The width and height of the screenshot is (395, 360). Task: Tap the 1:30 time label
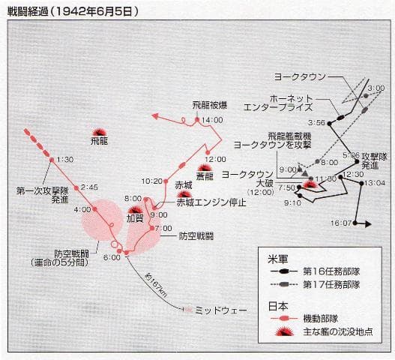tap(65, 159)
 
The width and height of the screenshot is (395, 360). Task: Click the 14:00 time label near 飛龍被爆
tap(212, 120)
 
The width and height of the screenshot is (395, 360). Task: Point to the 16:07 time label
tap(341, 223)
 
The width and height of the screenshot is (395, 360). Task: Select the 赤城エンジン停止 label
tap(211, 202)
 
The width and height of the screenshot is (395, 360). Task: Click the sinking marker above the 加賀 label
tap(136, 207)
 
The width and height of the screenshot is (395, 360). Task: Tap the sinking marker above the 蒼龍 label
tap(204, 166)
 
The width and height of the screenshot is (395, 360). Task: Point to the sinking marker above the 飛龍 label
tap(99, 129)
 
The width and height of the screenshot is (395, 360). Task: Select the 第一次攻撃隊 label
tap(40, 191)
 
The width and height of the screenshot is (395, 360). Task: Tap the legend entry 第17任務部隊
tap(332, 284)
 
